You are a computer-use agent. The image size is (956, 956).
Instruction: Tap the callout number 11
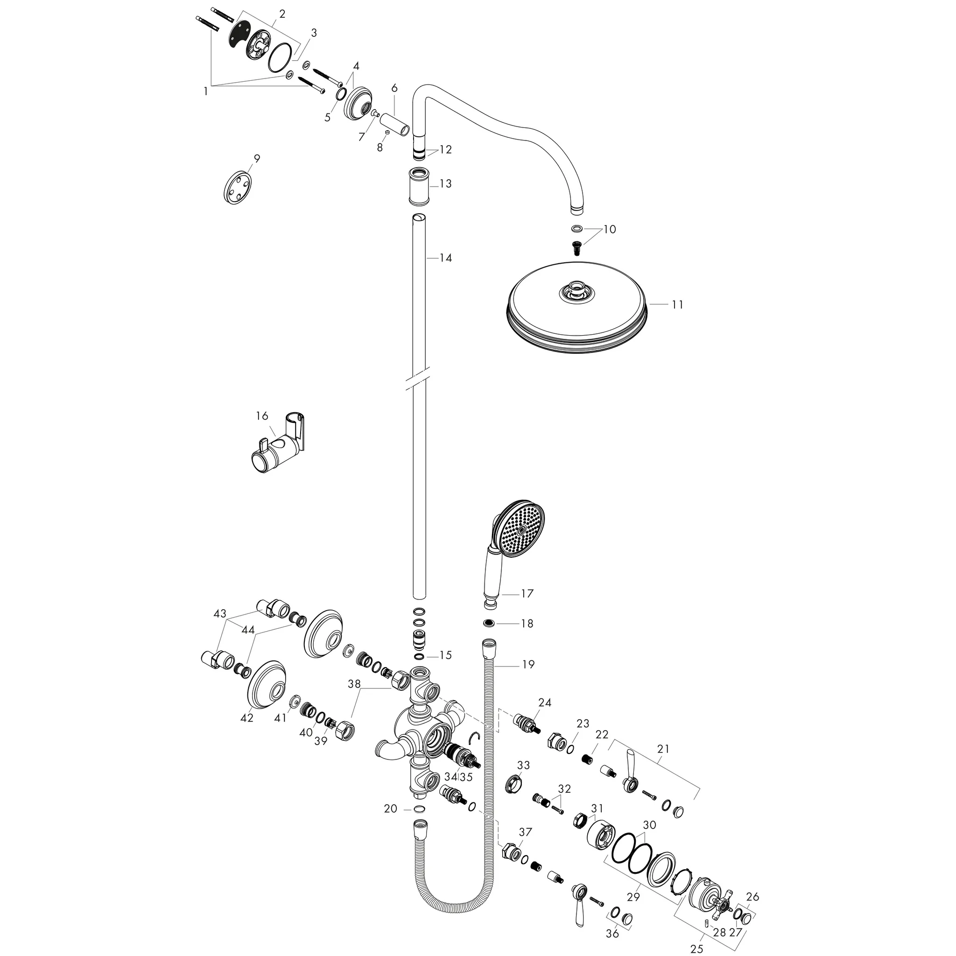(677, 305)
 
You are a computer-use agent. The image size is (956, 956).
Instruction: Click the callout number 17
(527, 593)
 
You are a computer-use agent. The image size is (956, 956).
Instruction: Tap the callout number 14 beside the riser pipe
(445, 258)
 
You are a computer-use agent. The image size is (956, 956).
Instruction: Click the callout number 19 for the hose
(528, 664)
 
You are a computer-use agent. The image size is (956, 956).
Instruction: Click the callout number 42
(246, 718)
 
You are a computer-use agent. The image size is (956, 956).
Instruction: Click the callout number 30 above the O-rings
(649, 825)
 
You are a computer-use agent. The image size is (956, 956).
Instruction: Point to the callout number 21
(663, 749)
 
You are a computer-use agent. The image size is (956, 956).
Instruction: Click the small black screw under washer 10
(576, 247)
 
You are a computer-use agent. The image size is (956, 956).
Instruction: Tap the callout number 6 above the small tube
(394, 88)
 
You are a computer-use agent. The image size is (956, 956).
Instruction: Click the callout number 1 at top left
(205, 91)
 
